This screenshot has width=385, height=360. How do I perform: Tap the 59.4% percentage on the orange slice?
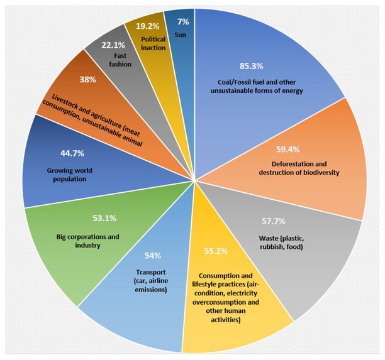[300, 150]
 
